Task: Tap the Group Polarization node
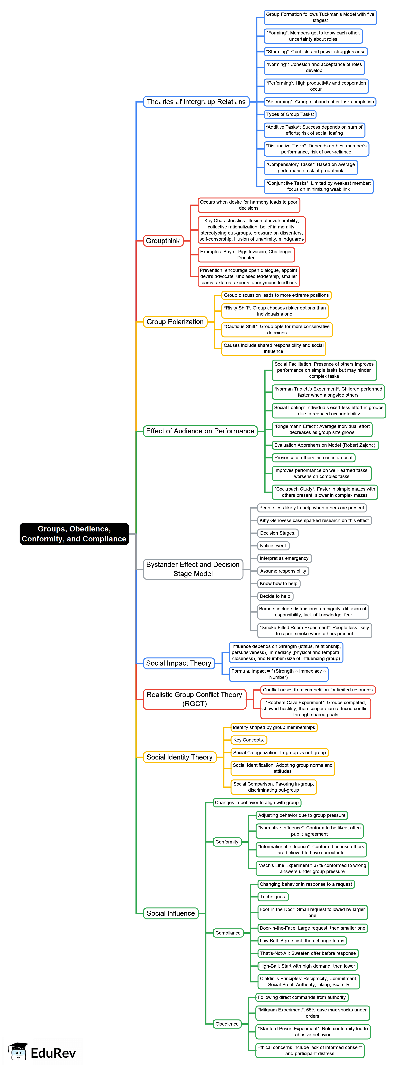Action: pyautogui.click(x=175, y=322)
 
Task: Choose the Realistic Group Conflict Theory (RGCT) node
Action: pyautogui.click(x=194, y=699)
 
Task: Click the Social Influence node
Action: pyautogui.click(x=170, y=913)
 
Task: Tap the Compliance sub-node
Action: pyautogui.click(x=228, y=933)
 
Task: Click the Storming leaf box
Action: pyautogui.click(x=316, y=52)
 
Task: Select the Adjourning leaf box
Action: pyautogui.click(x=320, y=102)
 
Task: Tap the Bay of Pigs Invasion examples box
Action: pyautogui.click(x=246, y=254)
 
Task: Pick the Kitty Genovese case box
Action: pyautogui.click(x=314, y=520)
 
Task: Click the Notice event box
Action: pyautogui.click(x=273, y=546)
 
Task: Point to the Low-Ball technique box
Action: pyautogui.click(x=302, y=941)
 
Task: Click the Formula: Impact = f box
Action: pyautogui.click(x=278, y=674)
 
